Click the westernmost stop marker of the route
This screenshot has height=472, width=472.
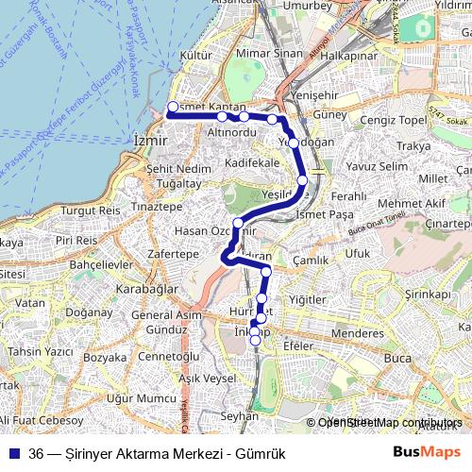(173, 107)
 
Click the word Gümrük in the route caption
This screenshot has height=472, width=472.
(262, 453)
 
